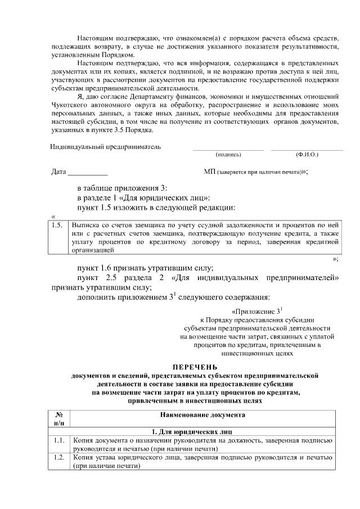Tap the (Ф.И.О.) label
pos(307,154)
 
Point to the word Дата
pos(58,171)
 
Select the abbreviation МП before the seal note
pos(208,171)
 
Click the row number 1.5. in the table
pos(56,224)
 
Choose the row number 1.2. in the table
pos(56,457)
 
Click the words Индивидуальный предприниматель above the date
pos(105,147)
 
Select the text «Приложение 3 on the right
pos(255,311)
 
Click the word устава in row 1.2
pos(106,457)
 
